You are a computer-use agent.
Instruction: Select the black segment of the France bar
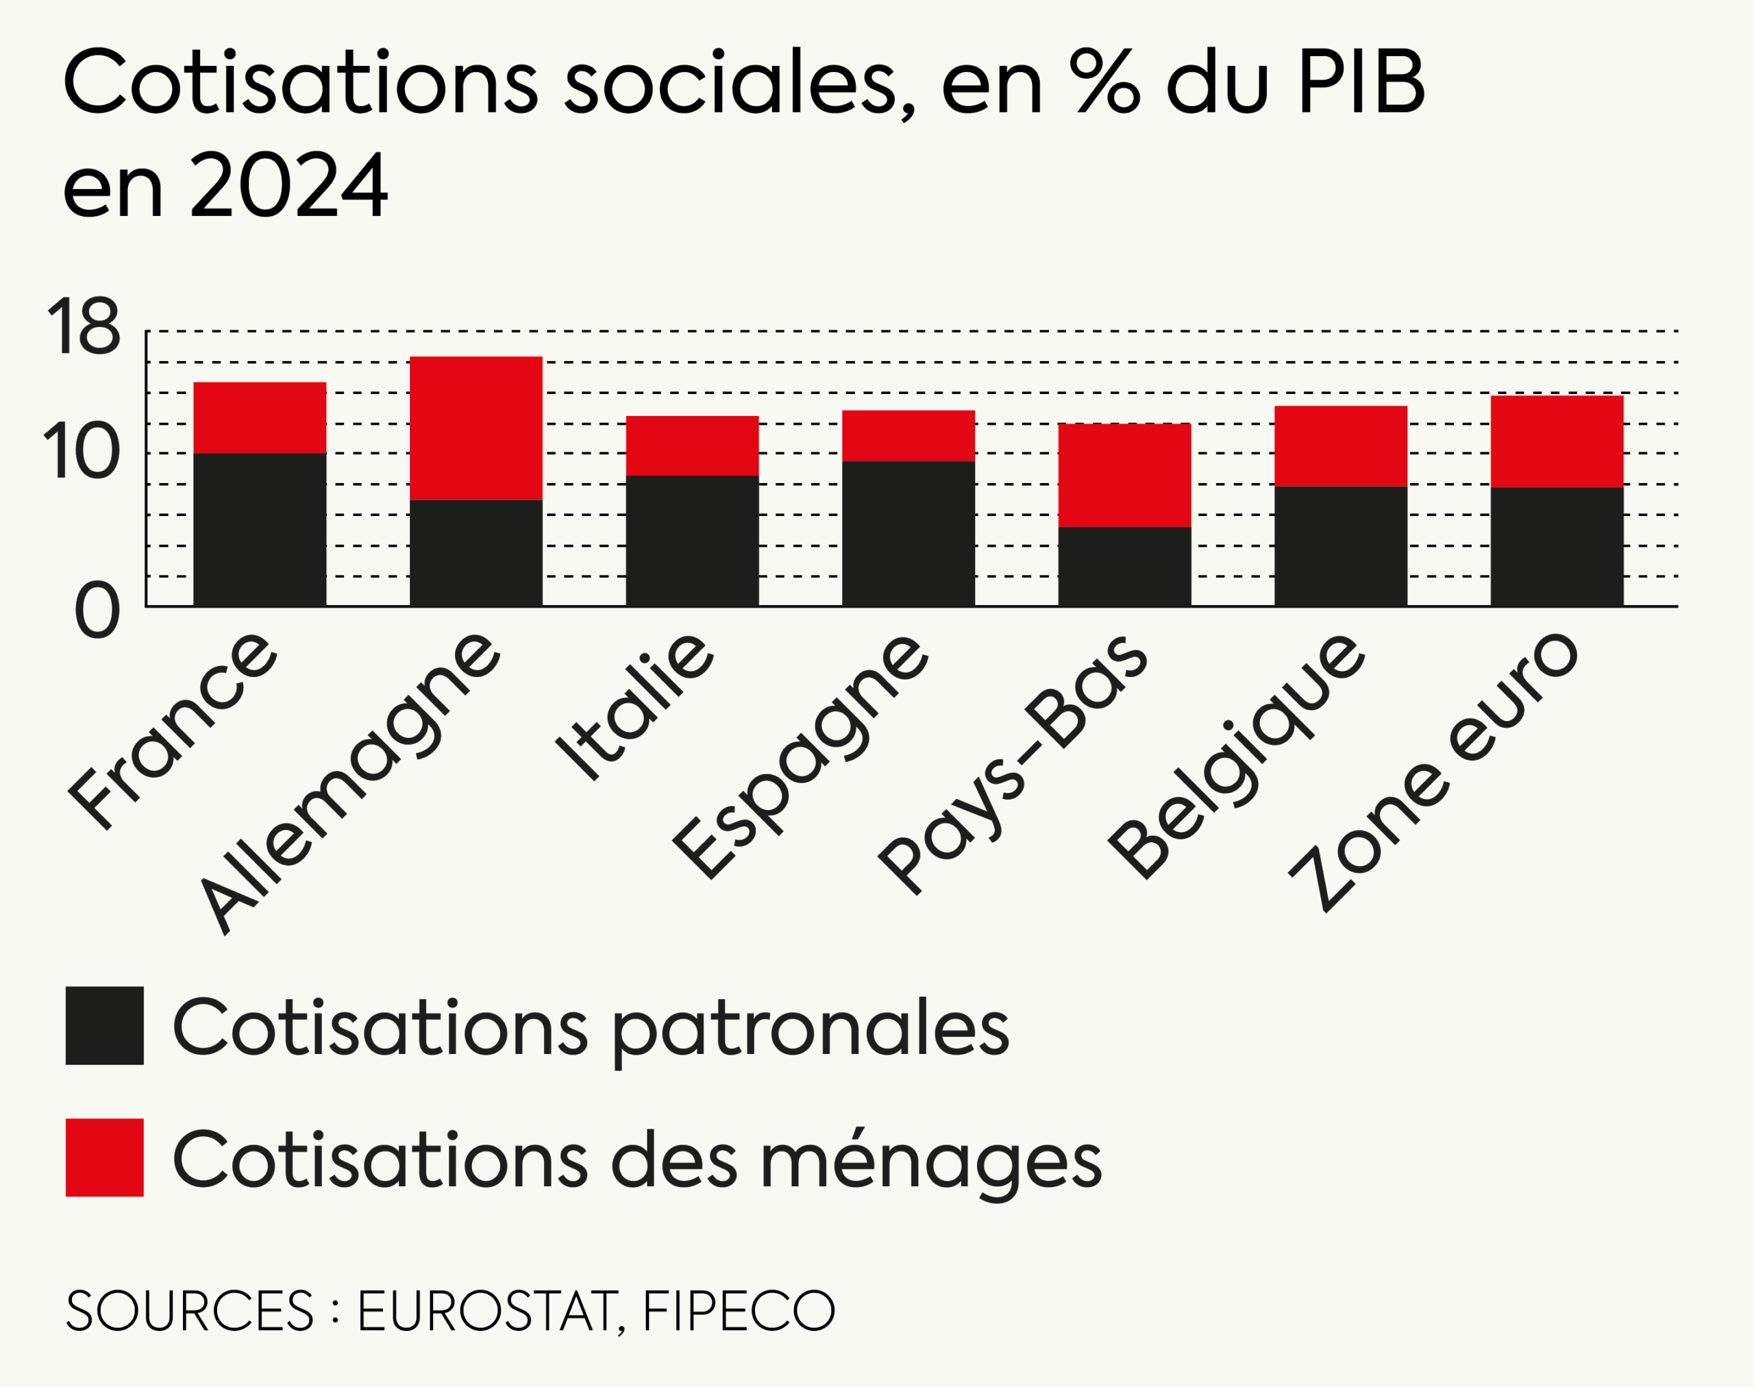[x=259, y=530]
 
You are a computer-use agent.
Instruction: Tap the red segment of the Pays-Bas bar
[x=1124, y=475]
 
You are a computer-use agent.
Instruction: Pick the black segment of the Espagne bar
[x=908, y=534]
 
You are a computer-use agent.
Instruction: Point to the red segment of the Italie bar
[x=692, y=446]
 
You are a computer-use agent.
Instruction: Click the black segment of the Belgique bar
[x=1340, y=547]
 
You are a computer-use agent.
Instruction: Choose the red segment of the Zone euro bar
[x=1556, y=441]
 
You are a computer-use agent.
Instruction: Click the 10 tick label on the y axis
[x=82, y=452]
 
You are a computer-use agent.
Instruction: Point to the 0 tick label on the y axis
[x=97, y=611]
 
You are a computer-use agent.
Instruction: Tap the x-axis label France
[x=173, y=731]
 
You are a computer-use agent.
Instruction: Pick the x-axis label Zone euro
[x=1433, y=772]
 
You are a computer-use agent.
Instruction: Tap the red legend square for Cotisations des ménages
[x=104, y=1157]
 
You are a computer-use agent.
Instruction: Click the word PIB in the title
[x=1361, y=83]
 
